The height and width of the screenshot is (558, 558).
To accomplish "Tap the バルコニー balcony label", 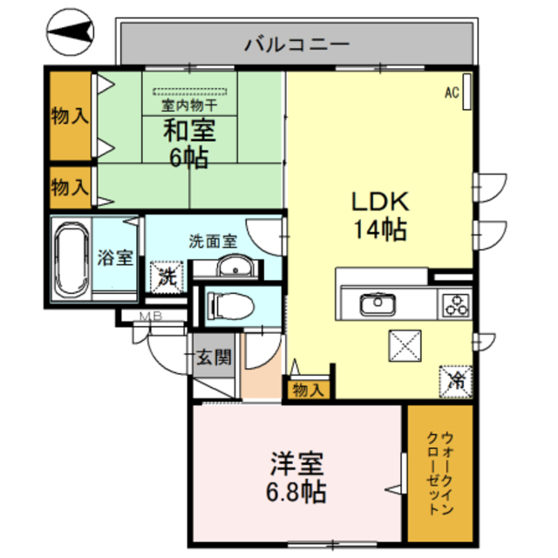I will tap(296, 41).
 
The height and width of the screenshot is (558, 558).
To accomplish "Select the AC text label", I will tap(452, 91).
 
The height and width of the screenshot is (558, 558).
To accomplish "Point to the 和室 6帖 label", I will tap(187, 145).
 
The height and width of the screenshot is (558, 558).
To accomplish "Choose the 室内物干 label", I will tap(189, 105).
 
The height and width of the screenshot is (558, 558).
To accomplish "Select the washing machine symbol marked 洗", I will tap(167, 277).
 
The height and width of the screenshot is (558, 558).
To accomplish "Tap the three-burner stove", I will tap(456, 305).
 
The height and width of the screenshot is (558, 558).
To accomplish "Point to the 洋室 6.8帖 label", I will tap(296, 476).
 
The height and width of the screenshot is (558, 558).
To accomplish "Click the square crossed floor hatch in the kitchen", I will tap(404, 346).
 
